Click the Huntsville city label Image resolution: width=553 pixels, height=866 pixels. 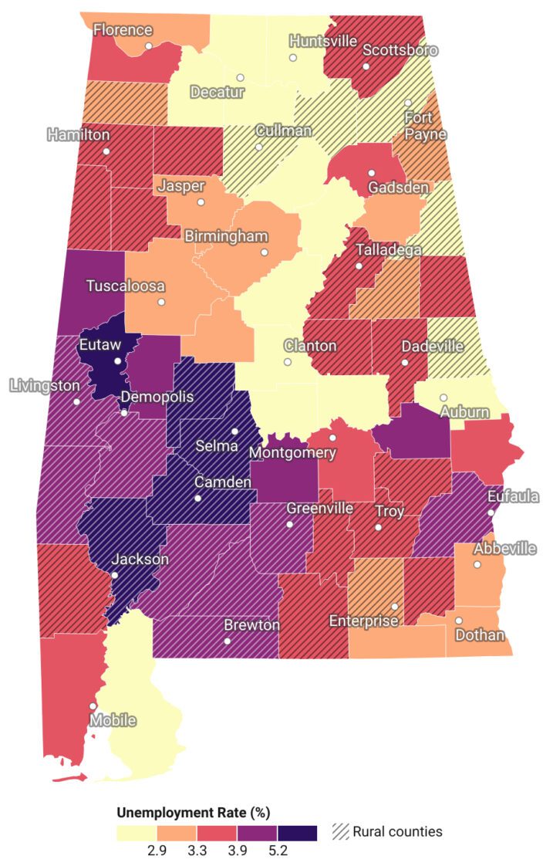click(x=322, y=41)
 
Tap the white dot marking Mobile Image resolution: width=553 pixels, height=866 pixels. click(x=93, y=705)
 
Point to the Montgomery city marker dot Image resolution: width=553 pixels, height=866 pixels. click(x=333, y=438)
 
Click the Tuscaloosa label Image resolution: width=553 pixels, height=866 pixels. click(x=125, y=286)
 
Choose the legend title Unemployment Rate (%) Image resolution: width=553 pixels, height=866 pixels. click(x=193, y=812)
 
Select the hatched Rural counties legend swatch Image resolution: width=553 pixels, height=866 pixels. click(x=340, y=831)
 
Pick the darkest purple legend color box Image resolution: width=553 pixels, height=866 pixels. click(x=297, y=833)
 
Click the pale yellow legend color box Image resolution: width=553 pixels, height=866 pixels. click(x=137, y=833)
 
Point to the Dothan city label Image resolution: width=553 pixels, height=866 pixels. click(x=480, y=635)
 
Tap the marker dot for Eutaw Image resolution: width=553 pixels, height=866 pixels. click(x=117, y=360)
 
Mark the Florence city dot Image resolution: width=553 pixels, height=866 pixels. click(x=149, y=46)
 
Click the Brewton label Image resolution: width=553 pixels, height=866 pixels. click(x=251, y=625)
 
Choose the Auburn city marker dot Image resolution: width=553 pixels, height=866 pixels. click(x=443, y=397)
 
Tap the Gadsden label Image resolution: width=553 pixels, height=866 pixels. click(x=394, y=188)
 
